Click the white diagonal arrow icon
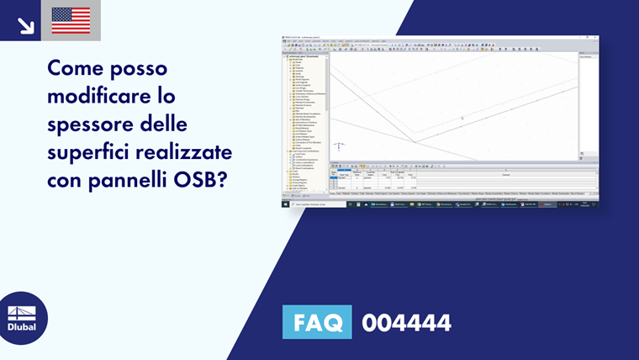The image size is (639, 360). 26,25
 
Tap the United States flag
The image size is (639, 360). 71,20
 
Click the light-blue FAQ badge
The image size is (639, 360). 317,322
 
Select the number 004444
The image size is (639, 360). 406,322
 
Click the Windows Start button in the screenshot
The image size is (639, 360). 285,204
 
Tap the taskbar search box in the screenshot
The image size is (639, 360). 314,204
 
